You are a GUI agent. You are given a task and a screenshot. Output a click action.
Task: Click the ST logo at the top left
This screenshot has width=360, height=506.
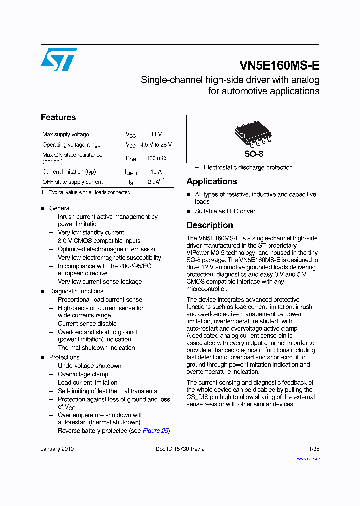pyautogui.click(x=59, y=59)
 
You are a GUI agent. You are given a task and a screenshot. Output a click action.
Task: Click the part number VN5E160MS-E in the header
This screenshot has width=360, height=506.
pyautogui.click(x=279, y=66)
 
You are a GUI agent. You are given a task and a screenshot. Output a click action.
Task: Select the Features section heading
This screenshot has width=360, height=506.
pyautogui.click(x=58, y=117)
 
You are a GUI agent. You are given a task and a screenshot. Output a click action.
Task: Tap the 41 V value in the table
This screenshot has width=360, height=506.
pyautogui.click(x=156, y=135)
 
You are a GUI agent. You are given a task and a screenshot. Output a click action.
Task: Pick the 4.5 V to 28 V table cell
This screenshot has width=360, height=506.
pyautogui.click(x=156, y=145)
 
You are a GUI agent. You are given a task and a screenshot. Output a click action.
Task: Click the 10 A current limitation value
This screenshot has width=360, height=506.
pyautogui.click(x=156, y=172)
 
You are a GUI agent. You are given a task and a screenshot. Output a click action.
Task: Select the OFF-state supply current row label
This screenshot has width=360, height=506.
pyautogui.click(x=73, y=182)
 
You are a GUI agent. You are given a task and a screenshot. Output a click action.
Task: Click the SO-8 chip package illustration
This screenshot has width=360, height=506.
pyautogui.click(x=253, y=134)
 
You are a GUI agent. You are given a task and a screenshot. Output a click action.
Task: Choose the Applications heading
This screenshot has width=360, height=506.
pyautogui.click(x=212, y=181)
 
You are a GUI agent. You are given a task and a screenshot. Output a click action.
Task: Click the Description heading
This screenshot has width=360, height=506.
pyautogui.click(x=210, y=225)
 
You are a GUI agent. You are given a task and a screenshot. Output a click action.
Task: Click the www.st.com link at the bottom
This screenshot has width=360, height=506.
pyautogui.click(x=308, y=458)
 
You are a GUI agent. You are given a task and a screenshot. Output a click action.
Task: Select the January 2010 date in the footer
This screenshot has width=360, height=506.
pyautogui.click(x=57, y=449)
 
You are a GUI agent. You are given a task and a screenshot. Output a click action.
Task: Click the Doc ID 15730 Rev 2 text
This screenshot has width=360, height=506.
pyautogui.click(x=180, y=449)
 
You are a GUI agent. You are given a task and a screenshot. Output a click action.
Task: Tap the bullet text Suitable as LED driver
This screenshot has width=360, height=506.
pyautogui.click(x=225, y=211)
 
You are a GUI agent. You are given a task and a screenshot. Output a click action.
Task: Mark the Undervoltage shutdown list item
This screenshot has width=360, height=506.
pyautogui.click(x=90, y=366)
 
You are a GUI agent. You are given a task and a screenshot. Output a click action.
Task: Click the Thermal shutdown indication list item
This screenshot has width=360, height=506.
pyautogui.click(x=96, y=348)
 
